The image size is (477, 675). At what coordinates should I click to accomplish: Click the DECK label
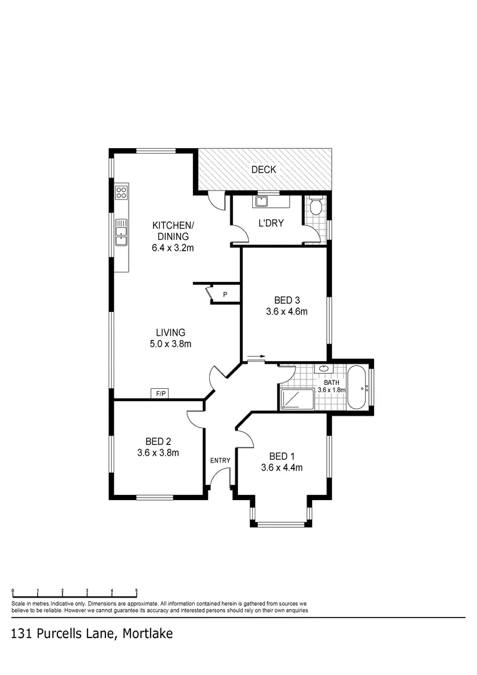[263, 169]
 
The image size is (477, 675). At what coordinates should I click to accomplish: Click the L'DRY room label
[271, 222]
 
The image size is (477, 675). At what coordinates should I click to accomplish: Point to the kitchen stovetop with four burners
[121, 192]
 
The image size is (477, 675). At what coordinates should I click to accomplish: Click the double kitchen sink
[121, 232]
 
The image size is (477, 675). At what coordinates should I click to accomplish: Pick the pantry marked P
[225, 294]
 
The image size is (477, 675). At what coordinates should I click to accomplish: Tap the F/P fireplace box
[161, 393]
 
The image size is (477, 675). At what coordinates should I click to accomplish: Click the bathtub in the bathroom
[357, 388]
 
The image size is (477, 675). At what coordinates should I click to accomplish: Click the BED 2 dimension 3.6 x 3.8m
[158, 453]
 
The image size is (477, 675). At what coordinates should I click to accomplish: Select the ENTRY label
[220, 461]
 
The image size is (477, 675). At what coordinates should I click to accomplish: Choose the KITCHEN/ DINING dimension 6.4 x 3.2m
[173, 247]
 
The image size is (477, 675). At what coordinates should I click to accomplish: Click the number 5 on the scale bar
[136, 591]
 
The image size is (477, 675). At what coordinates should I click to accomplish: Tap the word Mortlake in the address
[147, 633]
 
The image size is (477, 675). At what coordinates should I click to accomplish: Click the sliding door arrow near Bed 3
[256, 358]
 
